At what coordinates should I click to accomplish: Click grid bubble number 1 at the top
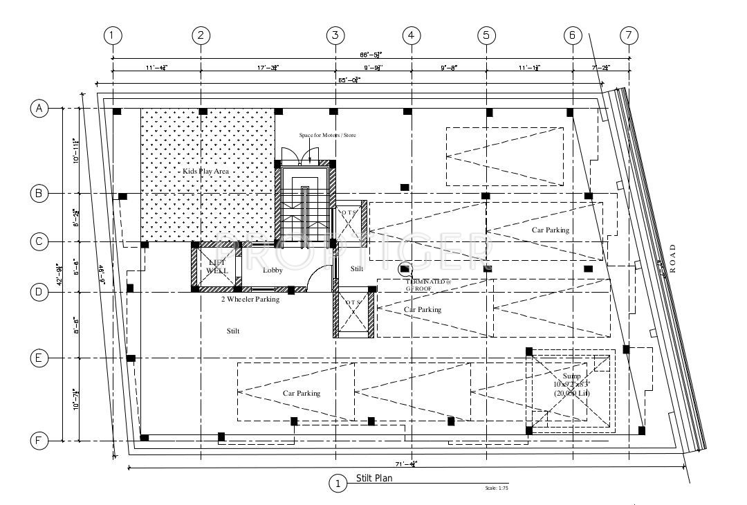(113, 35)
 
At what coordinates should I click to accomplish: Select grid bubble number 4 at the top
(411, 35)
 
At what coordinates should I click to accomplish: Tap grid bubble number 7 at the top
(629, 35)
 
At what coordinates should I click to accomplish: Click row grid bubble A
(39, 108)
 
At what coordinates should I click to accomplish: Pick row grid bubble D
(39, 292)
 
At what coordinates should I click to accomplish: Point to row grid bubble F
(39, 441)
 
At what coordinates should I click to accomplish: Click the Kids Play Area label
(205, 171)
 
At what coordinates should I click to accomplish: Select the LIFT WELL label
(216, 266)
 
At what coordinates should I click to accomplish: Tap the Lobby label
(273, 270)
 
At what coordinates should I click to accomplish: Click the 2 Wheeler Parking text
(250, 300)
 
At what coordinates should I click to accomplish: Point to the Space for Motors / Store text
(327, 136)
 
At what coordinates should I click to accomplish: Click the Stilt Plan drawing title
(375, 478)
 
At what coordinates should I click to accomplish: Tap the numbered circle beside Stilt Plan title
(338, 484)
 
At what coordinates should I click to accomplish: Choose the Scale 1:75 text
(497, 488)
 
